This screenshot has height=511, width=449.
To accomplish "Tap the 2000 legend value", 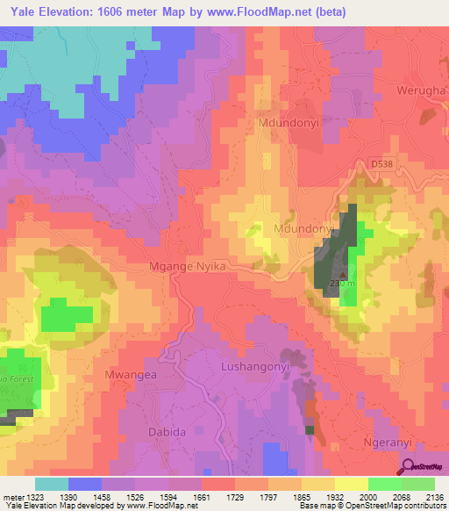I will (362, 498).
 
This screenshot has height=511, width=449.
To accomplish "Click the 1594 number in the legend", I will (172, 498).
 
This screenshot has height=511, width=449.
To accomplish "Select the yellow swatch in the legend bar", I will (351, 484).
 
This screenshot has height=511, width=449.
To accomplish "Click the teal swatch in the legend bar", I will (52, 484).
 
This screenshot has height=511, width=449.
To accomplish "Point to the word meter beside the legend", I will (10, 498).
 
